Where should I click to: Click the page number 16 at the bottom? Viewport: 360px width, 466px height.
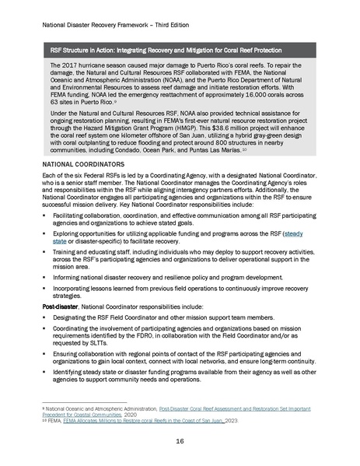180,440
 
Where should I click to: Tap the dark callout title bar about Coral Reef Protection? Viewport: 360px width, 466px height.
180,51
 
